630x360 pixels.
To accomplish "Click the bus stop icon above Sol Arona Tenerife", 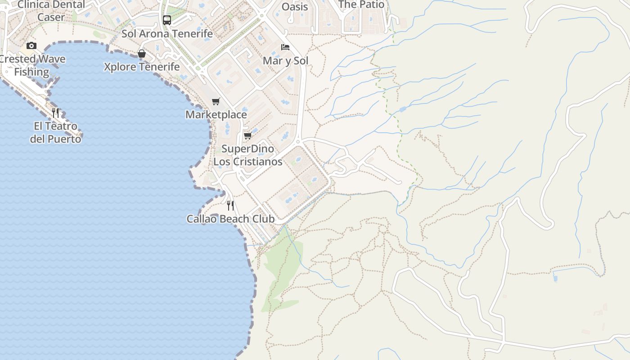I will pyautogui.click(x=166, y=20).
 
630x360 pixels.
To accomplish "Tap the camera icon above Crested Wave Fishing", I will pyautogui.click(x=31, y=45).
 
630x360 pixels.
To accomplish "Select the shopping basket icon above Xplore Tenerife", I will pyautogui.click(x=142, y=54).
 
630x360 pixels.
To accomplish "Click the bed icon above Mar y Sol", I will pyautogui.click(x=285, y=47).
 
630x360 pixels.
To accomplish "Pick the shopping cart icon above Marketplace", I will pyautogui.click(x=216, y=101).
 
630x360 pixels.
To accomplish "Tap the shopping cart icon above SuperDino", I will pyautogui.click(x=247, y=135).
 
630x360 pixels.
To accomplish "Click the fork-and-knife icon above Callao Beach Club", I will pyautogui.click(x=230, y=206).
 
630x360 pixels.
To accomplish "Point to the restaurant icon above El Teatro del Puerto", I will pyautogui.click(x=55, y=112).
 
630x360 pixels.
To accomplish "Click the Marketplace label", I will pyautogui.click(x=216, y=115).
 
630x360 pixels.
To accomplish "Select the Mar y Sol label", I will pyautogui.click(x=285, y=61).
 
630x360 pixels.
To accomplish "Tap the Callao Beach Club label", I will pyautogui.click(x=230, y=219).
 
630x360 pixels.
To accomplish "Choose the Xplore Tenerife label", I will pyautogui.click(x=142, y=67).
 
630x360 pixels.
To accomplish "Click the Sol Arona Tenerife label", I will pyautogui.click(x=167, y=34).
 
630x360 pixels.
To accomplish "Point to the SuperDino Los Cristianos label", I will pyautogui.click(x=247, y=155).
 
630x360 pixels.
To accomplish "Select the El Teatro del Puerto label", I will pyautogui.click(x=55, y=133).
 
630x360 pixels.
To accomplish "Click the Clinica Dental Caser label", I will pyautogui.click(x=51, y=11).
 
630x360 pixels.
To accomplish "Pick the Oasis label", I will pyautogui.click(x=295, y=7).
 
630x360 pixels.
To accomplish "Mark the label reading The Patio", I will pyautogui.click(x=361, y=5).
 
